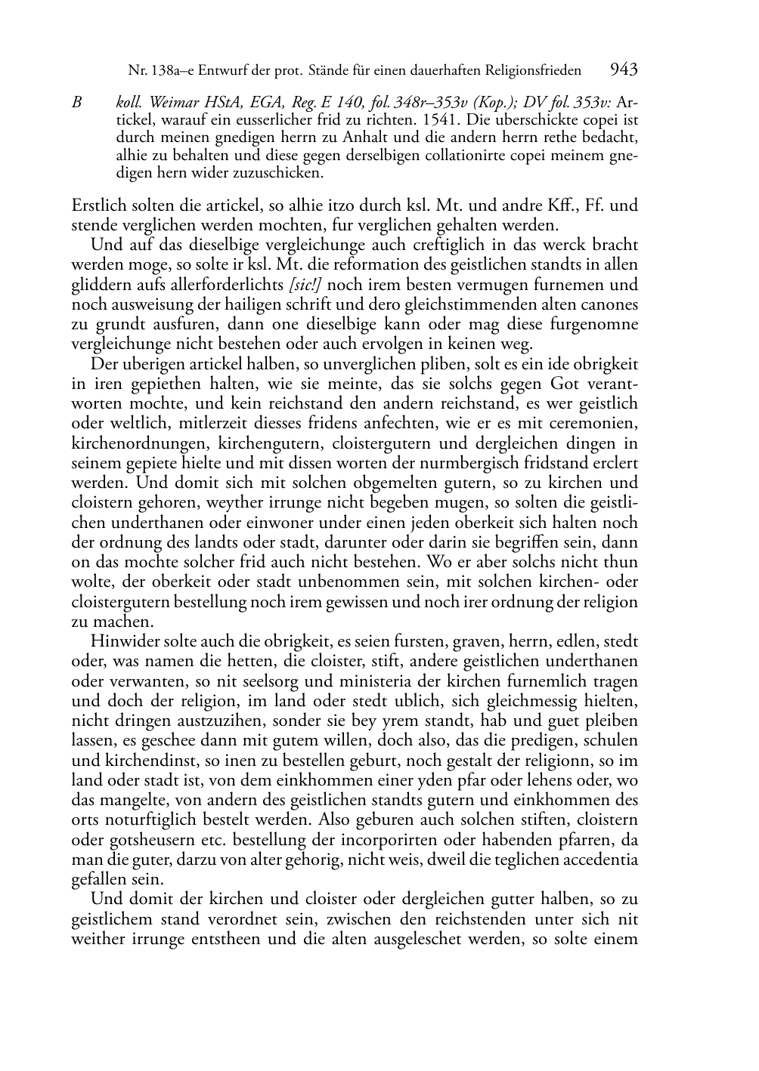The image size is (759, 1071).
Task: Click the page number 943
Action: coord(624,70)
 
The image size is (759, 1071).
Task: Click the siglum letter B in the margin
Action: coord(77,103)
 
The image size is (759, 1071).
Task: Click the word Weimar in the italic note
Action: coord(175,103)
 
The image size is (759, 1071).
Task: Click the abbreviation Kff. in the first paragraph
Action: coord(557,205)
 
